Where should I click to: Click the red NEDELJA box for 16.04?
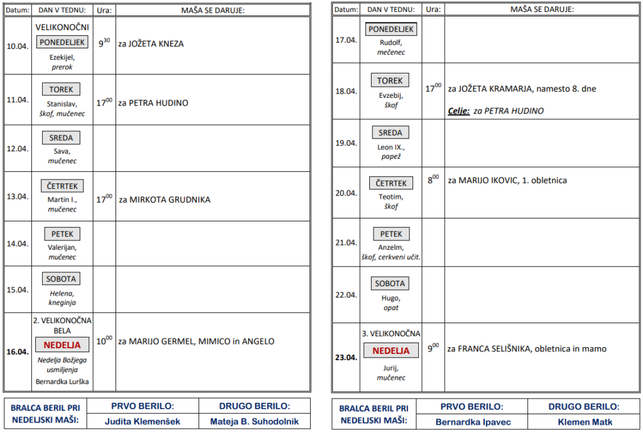(62, 345)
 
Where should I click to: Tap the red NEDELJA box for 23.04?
(391, 351)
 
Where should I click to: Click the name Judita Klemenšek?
(143, 422)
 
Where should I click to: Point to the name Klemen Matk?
(585, 422)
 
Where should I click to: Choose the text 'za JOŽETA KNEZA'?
(151, 44)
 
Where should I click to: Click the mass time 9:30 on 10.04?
(104, 44)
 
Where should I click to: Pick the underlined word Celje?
(458, 111)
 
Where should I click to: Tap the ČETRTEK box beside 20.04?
(391, 183)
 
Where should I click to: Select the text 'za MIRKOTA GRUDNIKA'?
(165, 200)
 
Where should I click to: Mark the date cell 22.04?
(345, 295)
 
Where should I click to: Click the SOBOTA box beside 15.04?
(62, 279)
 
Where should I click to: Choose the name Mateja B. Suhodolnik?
(254, 422)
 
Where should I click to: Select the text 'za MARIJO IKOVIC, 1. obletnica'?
(507, 181)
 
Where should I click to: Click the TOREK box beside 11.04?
(62, 89)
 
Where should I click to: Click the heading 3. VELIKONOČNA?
(391, 333)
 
